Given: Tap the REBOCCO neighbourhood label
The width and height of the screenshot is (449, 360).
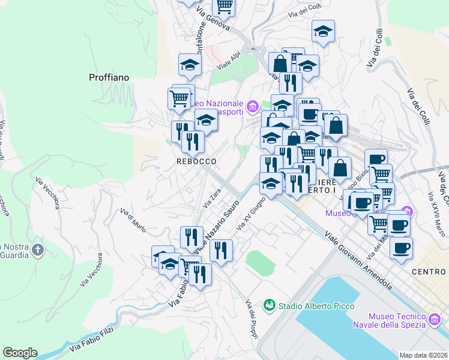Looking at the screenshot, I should pyautogui.click(x=196, y=161).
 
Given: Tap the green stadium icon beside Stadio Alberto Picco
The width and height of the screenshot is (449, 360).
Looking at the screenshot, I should pyautogui.click(x=270, y=306).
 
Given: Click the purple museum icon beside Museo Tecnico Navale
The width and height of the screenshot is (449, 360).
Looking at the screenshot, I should pyautogui.click(x=435, y=320).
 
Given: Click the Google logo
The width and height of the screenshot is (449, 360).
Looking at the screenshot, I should pyautogui.click(x=20, y=353).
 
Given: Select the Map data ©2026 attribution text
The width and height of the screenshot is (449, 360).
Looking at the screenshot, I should pyautogui.click(x=423, y=355).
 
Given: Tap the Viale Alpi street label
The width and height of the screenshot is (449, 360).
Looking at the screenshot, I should pyautogui.click(x=229, y=61).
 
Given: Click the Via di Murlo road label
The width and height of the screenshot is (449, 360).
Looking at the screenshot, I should pyautogui.click(x=133, y=220).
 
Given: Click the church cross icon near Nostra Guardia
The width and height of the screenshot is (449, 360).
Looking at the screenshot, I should pyautogui.click(x=37, y=249).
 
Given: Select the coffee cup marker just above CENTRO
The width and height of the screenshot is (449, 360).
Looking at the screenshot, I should pyautogui.click(x=401, y=247).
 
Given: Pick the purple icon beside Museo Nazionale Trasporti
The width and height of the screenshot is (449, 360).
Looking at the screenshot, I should pyautogui.click(x=252, y=107).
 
